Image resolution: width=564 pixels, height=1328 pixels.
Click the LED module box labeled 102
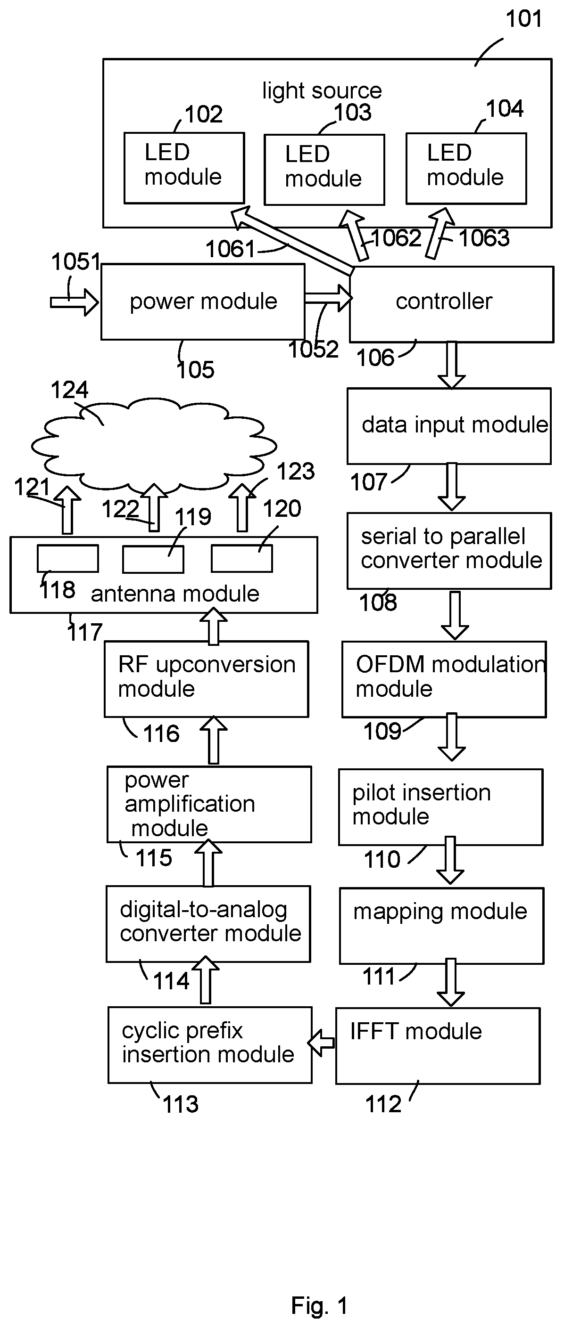click(x=184, y=168)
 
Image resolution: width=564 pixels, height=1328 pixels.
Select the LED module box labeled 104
click(x=466, y=169)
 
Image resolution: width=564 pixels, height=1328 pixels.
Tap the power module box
click(x=203, y=302)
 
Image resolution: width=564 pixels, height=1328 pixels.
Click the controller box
click(x=451, y=304)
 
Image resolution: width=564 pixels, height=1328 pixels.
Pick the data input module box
click(x=449, y=426)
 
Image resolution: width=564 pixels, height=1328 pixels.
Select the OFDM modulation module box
click(x=444, y=679)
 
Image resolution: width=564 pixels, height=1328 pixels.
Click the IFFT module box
click(x=438, y=1046)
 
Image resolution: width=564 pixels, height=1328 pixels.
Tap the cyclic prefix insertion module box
click(x=210, y=1045)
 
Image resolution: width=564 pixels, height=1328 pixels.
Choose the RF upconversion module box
click(x=207, y=679)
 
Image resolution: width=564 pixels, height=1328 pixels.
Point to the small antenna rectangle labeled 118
click(x=67, y=559)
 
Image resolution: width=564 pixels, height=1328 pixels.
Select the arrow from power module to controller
click(x=328, y=299)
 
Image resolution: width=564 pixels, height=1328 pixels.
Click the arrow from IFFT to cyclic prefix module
click(x=322, y=1043)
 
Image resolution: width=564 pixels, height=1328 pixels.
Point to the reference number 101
click(x=524, y=19)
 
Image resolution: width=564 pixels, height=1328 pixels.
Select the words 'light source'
click(x=322, y=91)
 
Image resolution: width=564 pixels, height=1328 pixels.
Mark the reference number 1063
click(x=484, y=238)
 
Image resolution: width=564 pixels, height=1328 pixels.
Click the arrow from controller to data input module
click(x=451, y=365)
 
